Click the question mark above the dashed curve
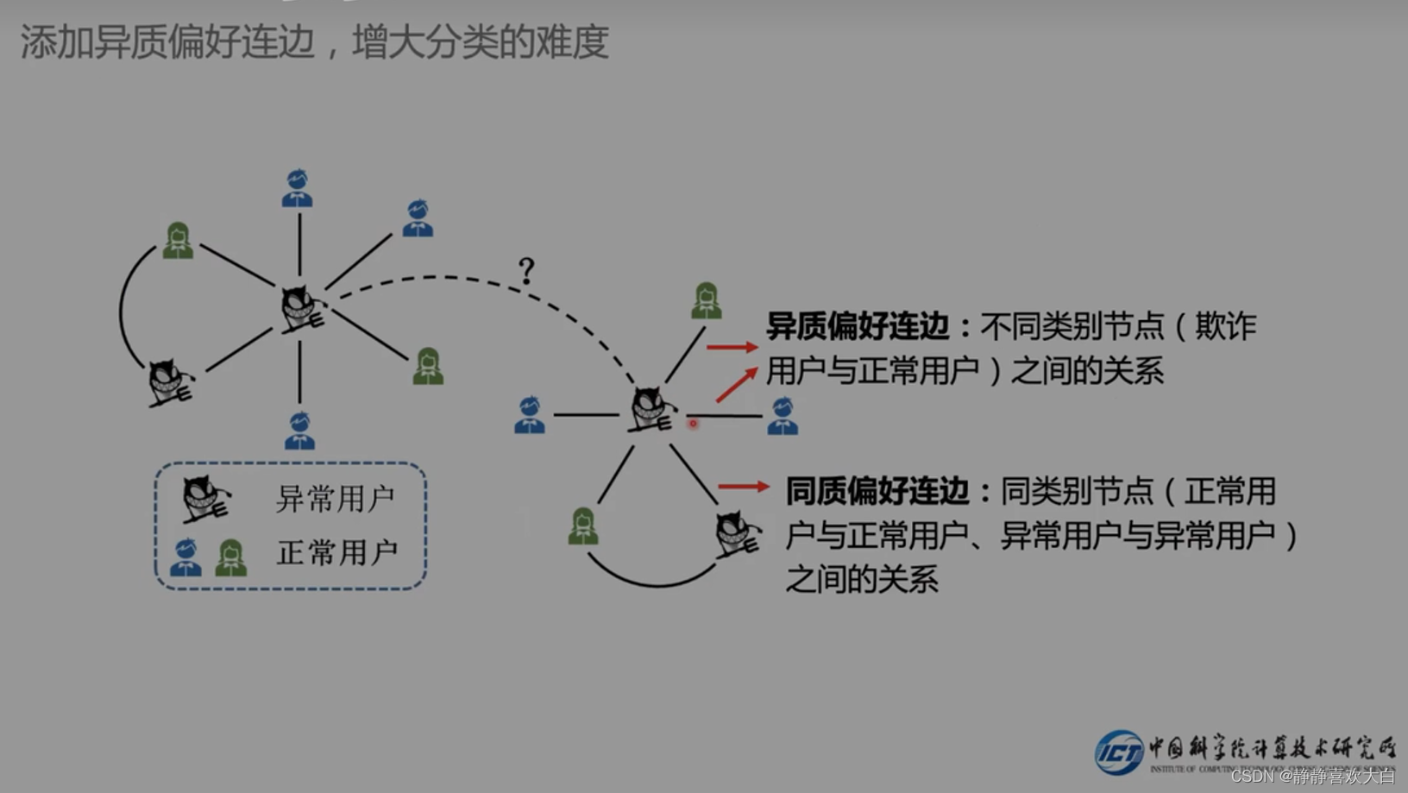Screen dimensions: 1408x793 pyautogui.click(x=526, y=271)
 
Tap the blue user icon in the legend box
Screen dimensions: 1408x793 pyautogui.click(x=185, y=557)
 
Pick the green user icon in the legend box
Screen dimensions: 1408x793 pyautogui.click(x=231, y=557)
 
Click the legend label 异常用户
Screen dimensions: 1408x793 pyautogui.click(x=336, y=499)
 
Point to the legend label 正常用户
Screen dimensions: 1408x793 pyautogui.click(x=337, y=552)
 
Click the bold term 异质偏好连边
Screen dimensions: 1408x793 pyautogui.click(x=858, y=326)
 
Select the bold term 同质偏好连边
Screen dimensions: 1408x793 pyautogui.click(x=877, y=491)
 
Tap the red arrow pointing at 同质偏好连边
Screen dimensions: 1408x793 pyautogui.click(x=743, y=487)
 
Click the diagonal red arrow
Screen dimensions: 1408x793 pyautogui.click(x=736, y=385)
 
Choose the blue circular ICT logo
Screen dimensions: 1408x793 pyautogui.click(x=1119, y=752)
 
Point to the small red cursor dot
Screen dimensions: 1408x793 pyautogui.click(x=693, y=424)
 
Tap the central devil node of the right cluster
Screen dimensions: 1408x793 pyautogui.click(x=651, y=409)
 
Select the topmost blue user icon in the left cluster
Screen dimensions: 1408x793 pyautogui.click(x=298, y=188)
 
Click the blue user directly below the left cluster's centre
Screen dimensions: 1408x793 pyautogui.click(x=300, y=431)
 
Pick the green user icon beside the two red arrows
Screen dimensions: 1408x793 pyautogui.click(x=707, y=301)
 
